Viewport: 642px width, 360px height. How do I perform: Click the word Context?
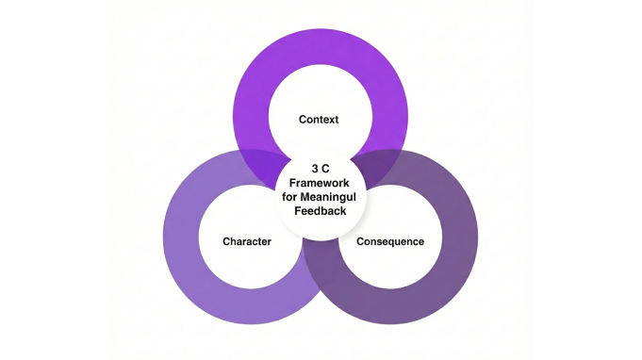tap(318, 120)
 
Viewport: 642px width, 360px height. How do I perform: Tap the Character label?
tap(247, 241)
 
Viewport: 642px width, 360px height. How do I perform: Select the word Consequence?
tap(389, 241)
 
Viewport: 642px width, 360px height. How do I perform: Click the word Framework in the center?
tap(321, 184)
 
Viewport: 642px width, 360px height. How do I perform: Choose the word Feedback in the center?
tap(321, 212)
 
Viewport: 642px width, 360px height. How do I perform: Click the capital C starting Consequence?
tap(360, 241)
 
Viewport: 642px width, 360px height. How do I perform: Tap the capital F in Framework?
tap(292, 184)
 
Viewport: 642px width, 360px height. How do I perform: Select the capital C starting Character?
tap(226, 241)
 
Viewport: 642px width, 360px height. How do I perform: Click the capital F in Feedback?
tap(298, 212)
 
